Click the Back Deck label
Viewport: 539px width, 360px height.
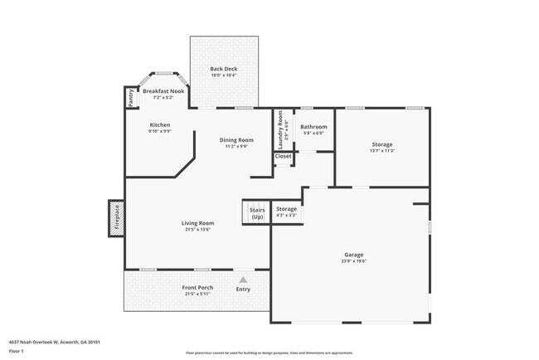[x=222, y=68]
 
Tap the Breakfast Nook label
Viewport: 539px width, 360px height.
[x=163, y=90]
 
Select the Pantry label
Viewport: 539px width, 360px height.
[x=131, y=98]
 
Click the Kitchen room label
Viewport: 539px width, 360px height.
[x=159, y=124]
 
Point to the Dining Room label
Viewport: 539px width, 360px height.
[x=236, y=139]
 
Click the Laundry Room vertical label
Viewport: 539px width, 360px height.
[x=279, y=130]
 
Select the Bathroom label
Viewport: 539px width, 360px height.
[x=313, y=126]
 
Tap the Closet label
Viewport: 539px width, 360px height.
[x=284, y=155]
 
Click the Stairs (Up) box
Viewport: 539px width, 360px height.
[x=256, y=212]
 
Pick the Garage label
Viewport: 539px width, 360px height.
[x=354, y=254]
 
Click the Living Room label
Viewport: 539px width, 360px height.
[x=198, y=222]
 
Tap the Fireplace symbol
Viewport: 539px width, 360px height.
[x=116, y=217]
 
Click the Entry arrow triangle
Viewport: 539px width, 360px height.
[x=243, y=280]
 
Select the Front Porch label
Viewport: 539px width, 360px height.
[x=197, y=287]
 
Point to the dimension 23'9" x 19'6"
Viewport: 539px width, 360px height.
[x=354, y=261]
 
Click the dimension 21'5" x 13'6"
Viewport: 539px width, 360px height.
[x=198, y=230]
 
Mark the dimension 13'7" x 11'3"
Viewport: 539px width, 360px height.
[x=381, y=151]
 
